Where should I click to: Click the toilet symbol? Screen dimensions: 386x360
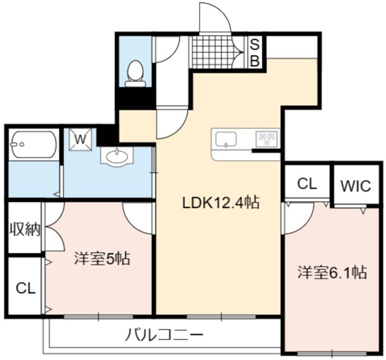point(135,73)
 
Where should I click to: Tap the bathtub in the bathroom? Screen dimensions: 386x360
point(34,144)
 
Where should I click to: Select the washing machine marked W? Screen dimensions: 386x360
point(80,139)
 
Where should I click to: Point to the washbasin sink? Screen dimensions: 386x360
point(117,156)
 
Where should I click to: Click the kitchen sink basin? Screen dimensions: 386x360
point(226,140)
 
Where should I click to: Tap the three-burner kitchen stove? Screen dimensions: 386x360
point(267,139)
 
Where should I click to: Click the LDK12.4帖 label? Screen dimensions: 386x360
point(220,202)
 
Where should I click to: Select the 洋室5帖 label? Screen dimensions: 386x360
point(102,258)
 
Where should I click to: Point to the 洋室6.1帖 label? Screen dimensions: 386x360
point(332,272)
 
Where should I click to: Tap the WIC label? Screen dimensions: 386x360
point(356,186)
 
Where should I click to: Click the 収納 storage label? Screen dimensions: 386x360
point(24,230)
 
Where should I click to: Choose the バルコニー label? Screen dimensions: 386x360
point(164,335)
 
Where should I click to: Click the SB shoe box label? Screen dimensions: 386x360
point(254,53)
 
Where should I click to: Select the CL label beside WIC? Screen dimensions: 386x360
point(307,183)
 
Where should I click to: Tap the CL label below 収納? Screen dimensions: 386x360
point(26,288)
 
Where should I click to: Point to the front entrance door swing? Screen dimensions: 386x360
point(215,17)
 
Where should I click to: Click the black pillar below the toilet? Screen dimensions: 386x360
point(135,98)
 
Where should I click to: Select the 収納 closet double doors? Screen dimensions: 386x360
point(55,227)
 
